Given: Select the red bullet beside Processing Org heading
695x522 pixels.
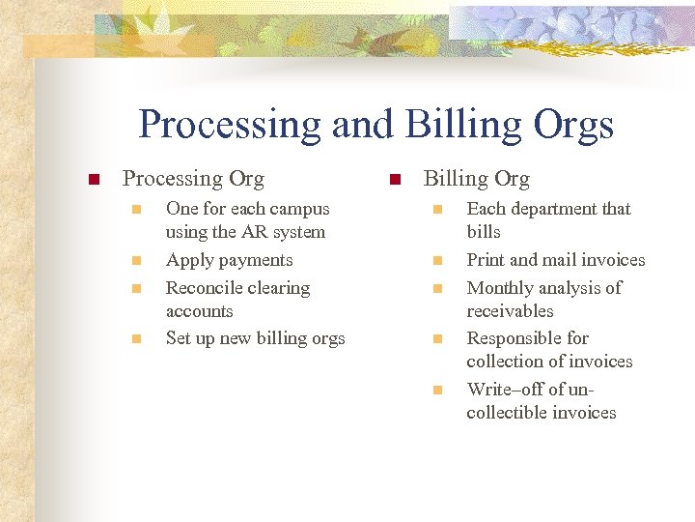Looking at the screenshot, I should click(94, 180).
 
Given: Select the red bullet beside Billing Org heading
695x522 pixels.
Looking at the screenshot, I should click(394, 180).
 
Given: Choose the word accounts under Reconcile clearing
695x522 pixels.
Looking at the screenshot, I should click(199, 311).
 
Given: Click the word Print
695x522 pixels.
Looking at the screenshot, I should click(486, 260).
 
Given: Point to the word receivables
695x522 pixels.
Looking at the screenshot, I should click(510, 311).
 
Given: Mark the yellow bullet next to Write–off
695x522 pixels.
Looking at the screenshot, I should click(436, 390).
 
